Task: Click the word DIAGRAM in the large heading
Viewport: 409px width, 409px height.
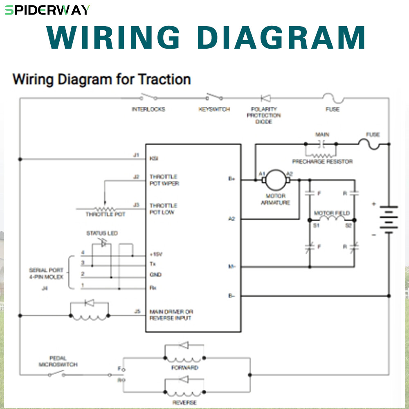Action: pyautogui.click(x=281, y=38)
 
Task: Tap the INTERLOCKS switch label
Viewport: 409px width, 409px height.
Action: pyautogui.click(x=148, y=110)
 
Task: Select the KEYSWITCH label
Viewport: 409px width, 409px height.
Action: pyautogui.click(x=214, y=110)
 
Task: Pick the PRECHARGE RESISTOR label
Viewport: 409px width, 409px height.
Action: pyautogui.click(x=322, y=162)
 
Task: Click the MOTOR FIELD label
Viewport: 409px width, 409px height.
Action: pyautogui.click(x=332, y=213)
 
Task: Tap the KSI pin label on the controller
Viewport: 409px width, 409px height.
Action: pyautogui.click(x=154, y=158)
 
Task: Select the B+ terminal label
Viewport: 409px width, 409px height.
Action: pyautogui.click(x=231, y=178)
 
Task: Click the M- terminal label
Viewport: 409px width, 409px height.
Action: pyautogui.click(x=231, y=267)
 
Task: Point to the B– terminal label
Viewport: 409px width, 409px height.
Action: pyautogui.click(x=231, y=295)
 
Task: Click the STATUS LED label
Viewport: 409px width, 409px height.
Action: pyautogui.click(x=102, y=234)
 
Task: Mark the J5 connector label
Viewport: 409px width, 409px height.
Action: pyautogui.click(x=137, y=312)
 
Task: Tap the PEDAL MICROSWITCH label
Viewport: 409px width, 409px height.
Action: pyautogui.click(x=58, y=361)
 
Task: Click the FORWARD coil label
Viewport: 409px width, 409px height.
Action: pyautogui.click(x=185, y=368)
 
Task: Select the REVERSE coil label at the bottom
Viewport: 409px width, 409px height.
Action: pyautogui.click(x=185, y=403)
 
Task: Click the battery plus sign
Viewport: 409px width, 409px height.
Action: pyautogui.click(x=373, y=204)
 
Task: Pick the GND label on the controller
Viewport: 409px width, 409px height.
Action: pyautogui.click(x=155, y=275)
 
